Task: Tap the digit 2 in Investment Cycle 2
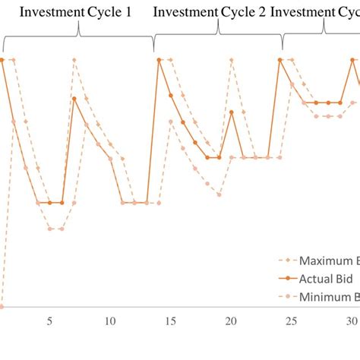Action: point(261,12)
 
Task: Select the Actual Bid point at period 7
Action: point(74,98)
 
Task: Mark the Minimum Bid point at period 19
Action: point(219,194)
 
